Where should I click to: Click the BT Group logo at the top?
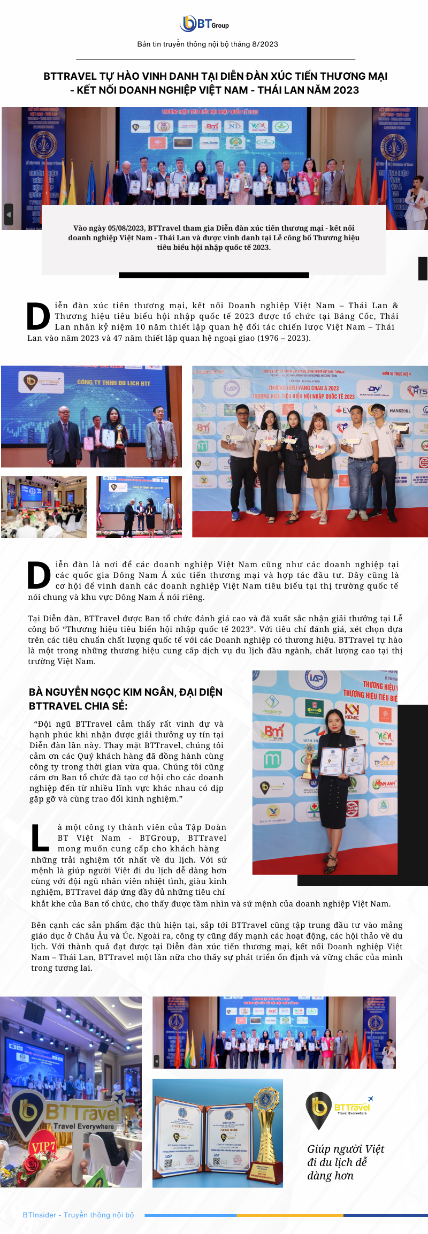pyautogui.click(x=204, y=24)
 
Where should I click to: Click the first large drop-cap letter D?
pyautogui.click(x=38, y=316)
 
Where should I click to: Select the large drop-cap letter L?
pyautogui.click(x=40, y=838)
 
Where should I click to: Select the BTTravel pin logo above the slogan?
pyautogui.click(x=319, y=1110)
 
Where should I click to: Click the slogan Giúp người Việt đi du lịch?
pyautogui.click(x=345, y=1162)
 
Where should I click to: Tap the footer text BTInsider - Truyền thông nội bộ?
pyautogui.click(x=78, y=1215)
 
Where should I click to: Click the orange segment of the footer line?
pyautogui.click(x=289, y=1216)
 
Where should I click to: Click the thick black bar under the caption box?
pyautogui.click(x=213, y=275)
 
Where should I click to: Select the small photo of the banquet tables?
pyautogui.click(x=44, y=507)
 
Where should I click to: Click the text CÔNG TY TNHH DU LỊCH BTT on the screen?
pyautogui.click(x=113, y=383)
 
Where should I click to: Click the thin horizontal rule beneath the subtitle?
pyautogui.click(x=216, y=59)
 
